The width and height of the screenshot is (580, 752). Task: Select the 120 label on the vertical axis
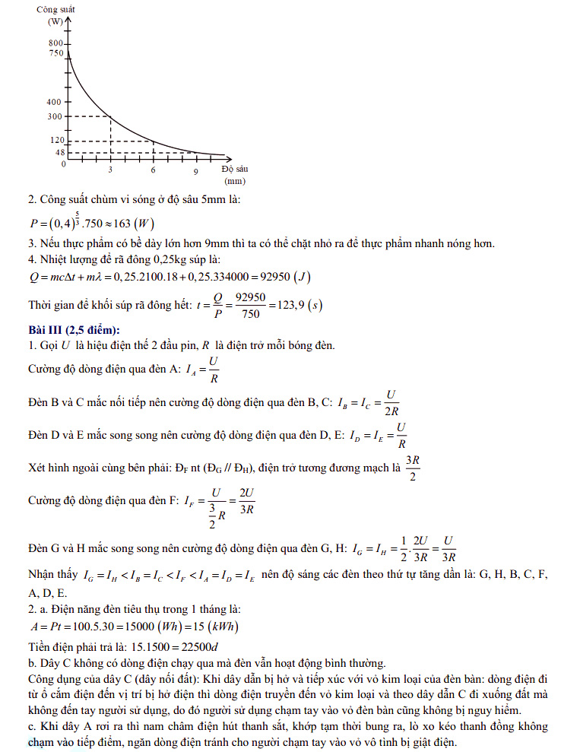55,141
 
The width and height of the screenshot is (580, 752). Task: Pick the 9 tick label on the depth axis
195,171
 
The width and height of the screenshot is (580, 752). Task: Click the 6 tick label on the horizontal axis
153,171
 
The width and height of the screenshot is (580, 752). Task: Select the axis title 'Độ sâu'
233,169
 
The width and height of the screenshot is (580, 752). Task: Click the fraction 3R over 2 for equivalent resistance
413,468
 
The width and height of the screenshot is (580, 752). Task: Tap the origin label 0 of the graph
64,163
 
